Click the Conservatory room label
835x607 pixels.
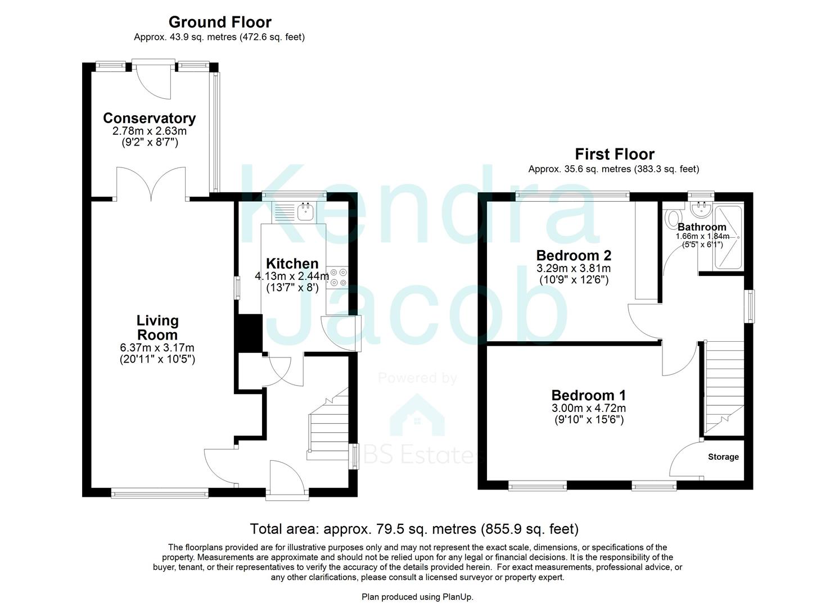(x=149, y=118)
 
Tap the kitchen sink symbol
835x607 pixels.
(x=306, y=212)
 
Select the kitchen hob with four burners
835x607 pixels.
(x=337, y=278)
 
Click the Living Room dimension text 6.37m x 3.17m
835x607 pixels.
(x=157, y=348)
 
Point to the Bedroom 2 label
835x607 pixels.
(x=574, y=255)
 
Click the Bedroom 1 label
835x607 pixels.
(x=588, y=395)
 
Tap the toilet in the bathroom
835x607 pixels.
(x=672, y=218)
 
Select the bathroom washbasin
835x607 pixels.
(x=701, y=211)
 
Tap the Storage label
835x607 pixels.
(x=723, y=457)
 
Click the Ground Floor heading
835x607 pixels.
(x=220, y=22)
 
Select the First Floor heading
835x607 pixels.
(x=614, y=154)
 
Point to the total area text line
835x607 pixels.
(x=414, y=529)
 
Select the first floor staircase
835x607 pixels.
(x=724, y=388)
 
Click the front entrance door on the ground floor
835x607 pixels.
(x=287, y=478)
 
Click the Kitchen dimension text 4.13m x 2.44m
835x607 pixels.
(x=292, y=276)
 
